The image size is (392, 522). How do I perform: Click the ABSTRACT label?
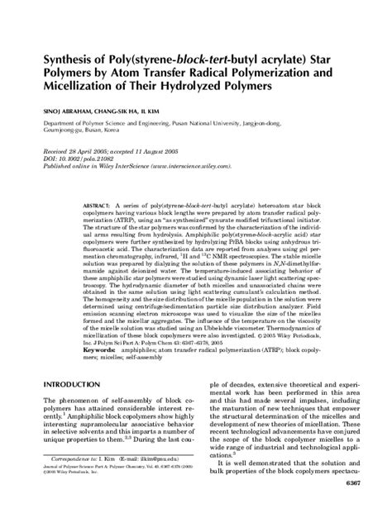click(100, 203)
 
